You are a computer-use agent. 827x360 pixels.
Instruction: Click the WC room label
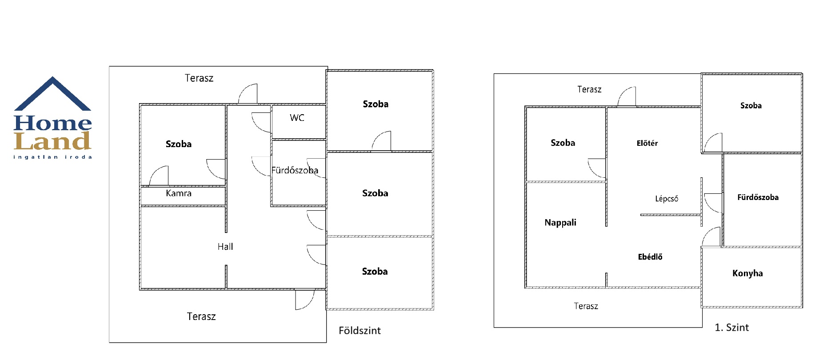pyautogui.click(x=297, y=118)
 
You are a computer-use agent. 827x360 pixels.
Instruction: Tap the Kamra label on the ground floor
pyautogui.click(x=179, y=193)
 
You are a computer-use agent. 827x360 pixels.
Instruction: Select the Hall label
pyautogui.click(x=225, y=247)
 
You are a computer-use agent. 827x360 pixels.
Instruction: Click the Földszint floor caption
pyautogui.click(x=360, y=331)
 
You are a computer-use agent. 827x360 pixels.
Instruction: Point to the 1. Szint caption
pyautogui.click(x=731, y=328)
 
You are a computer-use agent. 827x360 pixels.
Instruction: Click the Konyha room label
pyautogui.click(x=747, y=273)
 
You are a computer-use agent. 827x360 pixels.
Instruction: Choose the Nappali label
pyautogui.click(x=560, y=223)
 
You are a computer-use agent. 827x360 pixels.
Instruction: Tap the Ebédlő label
pyautogui.click(x=650, y=257)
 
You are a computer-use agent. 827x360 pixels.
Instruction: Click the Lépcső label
pyautogui.click(x=667, y=199)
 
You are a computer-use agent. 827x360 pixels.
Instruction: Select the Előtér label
pyautogui.click(x=647, y=143)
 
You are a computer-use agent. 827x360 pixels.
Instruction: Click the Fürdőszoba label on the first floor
pyautogui.click(x=758, y=197)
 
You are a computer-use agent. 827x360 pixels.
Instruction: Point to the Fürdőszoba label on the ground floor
pyautogui.click(x=295, y=170)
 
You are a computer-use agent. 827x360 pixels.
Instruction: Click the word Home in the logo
pyautogui.click(x=53, y=123)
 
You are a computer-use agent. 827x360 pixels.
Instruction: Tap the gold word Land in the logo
pyautogui.click(x=53, y=141)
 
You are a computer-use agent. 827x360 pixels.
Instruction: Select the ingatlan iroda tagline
pyautogui.click(x=53, y=157)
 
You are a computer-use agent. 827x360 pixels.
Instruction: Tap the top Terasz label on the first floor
pyautogui.click(x=589, y=89)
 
